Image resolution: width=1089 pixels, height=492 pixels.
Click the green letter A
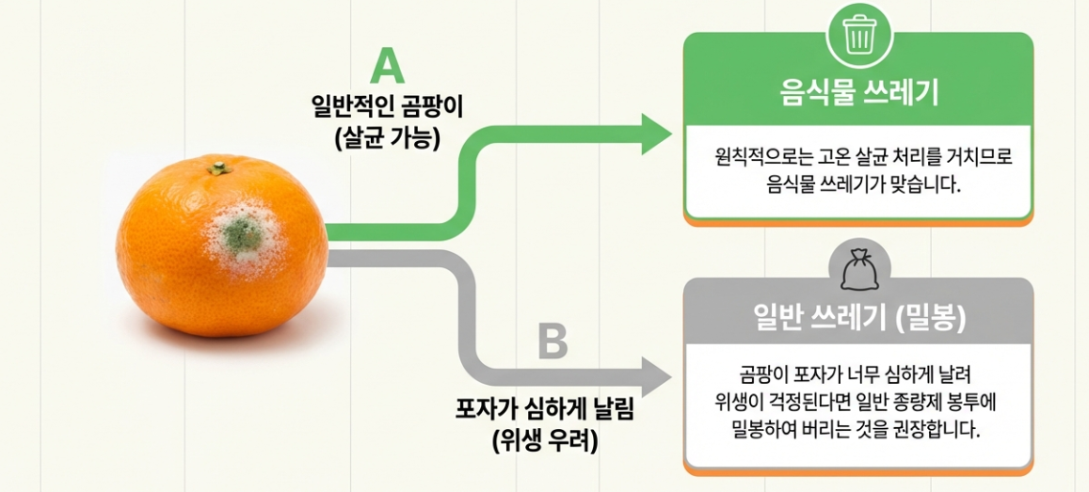tap(387, 67)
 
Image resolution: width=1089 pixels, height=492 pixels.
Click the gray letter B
tap(553, 341)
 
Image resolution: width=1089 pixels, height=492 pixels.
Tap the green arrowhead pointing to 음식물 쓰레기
tap(656, 134)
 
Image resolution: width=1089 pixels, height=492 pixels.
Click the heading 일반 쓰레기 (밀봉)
tap(858, 319)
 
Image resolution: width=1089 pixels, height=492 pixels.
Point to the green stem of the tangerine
tap(217, 169)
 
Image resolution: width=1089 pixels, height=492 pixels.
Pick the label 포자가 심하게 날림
tap(545, 411)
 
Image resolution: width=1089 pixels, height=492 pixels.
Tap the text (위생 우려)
tap(545, 440)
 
